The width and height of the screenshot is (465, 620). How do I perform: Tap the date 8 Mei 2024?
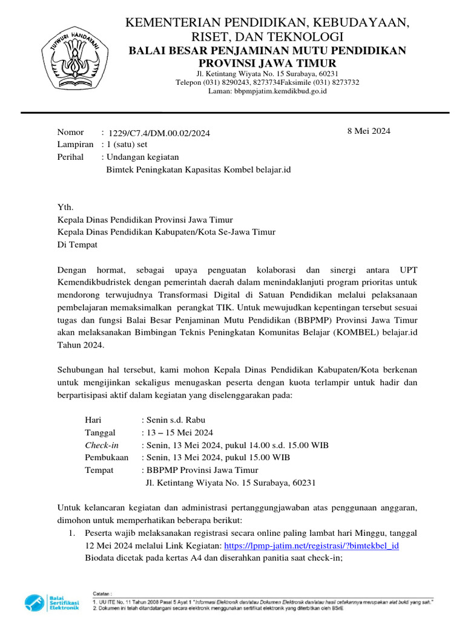369,131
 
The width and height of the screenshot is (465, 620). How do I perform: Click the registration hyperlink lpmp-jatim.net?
311,546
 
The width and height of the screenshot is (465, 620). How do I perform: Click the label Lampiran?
75,145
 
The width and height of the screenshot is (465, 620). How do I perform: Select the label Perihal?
70,157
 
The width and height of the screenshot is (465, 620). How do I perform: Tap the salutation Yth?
65,207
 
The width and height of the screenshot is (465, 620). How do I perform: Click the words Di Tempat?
77,245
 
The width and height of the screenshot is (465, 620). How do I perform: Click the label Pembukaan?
107,458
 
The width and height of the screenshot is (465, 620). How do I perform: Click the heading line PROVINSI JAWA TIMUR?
267,64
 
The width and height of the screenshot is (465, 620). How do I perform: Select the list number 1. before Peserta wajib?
71,533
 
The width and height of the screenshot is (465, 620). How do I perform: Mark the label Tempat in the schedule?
99,470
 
